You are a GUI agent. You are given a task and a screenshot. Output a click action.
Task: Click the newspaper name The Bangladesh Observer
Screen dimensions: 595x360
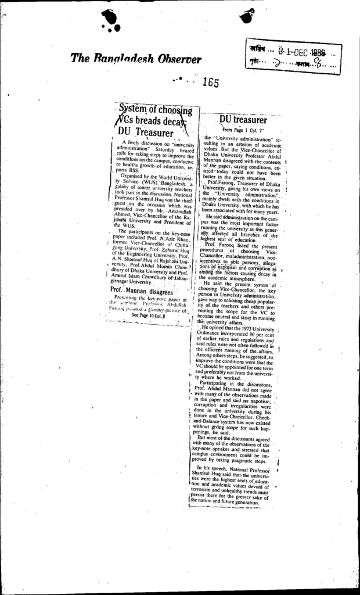click(136, 59)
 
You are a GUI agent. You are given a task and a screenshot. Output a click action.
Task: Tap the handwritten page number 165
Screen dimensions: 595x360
click(210, 83)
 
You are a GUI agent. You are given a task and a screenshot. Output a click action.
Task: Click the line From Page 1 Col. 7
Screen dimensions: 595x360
click(243, 131)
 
